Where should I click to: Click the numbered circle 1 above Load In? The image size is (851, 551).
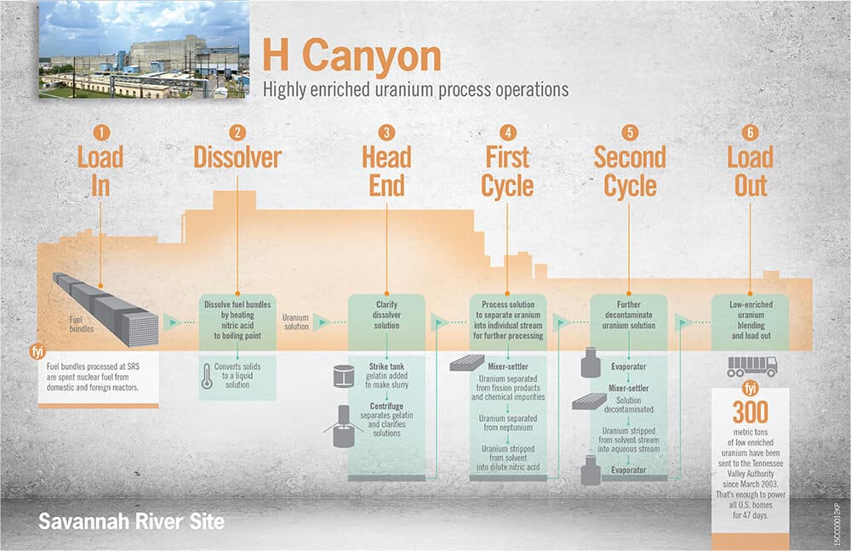coord(101,133)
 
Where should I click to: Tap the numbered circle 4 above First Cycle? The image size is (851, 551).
coord(507,133)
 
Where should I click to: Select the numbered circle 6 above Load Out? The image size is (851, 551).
coord(750,133)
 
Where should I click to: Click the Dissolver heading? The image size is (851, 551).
coord(237,158)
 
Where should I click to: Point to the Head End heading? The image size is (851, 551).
coord(386,172)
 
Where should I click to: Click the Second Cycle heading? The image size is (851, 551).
coord(630,172)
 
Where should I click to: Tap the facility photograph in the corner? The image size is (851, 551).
coord(144,49)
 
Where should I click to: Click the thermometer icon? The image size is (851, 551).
coord(207,376)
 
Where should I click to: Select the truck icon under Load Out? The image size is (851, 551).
coord(751,366)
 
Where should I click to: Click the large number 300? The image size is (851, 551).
coord(751,412)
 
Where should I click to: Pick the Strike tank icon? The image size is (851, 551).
coord(344,376)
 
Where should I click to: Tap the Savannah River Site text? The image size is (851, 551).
coord(131,522)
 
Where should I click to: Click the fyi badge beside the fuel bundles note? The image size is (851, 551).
coord(38,351)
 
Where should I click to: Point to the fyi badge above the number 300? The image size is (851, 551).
coord(751,389)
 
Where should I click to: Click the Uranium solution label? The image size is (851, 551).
coord(296,321)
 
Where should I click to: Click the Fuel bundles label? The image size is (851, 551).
coord(82,324)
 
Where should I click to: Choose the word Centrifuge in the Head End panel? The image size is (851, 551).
coord(386,406)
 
